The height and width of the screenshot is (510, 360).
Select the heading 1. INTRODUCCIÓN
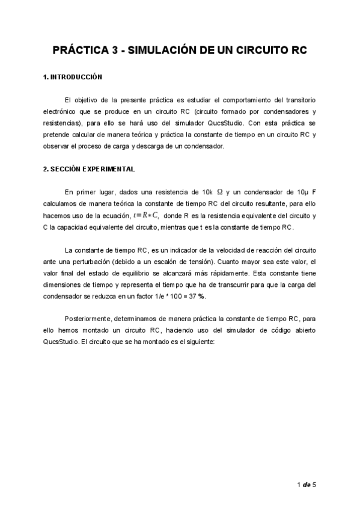pyautogui.click(x=73, y=78)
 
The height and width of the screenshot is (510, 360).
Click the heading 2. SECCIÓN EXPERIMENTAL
pyautogui.click(x=89, y=169)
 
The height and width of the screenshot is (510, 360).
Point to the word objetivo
pyautogui.click(x=99, y=100)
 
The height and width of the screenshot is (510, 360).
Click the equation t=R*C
pyautogui.click(x=146, y=215)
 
